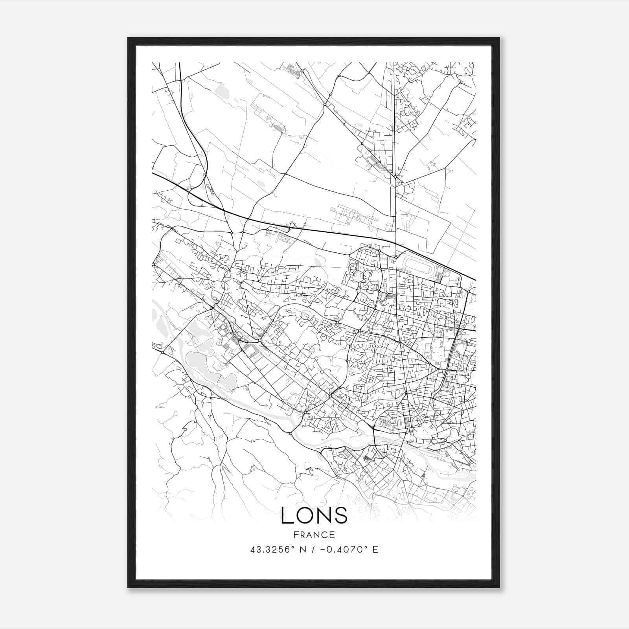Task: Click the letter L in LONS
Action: tap(288, 515)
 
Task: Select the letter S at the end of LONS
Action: tap(341, 515)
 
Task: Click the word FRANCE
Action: tap(314, 535)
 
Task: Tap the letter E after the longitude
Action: tap(375, 549)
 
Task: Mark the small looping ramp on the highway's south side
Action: tap(292, 225)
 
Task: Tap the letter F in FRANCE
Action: tap(296, 535)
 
